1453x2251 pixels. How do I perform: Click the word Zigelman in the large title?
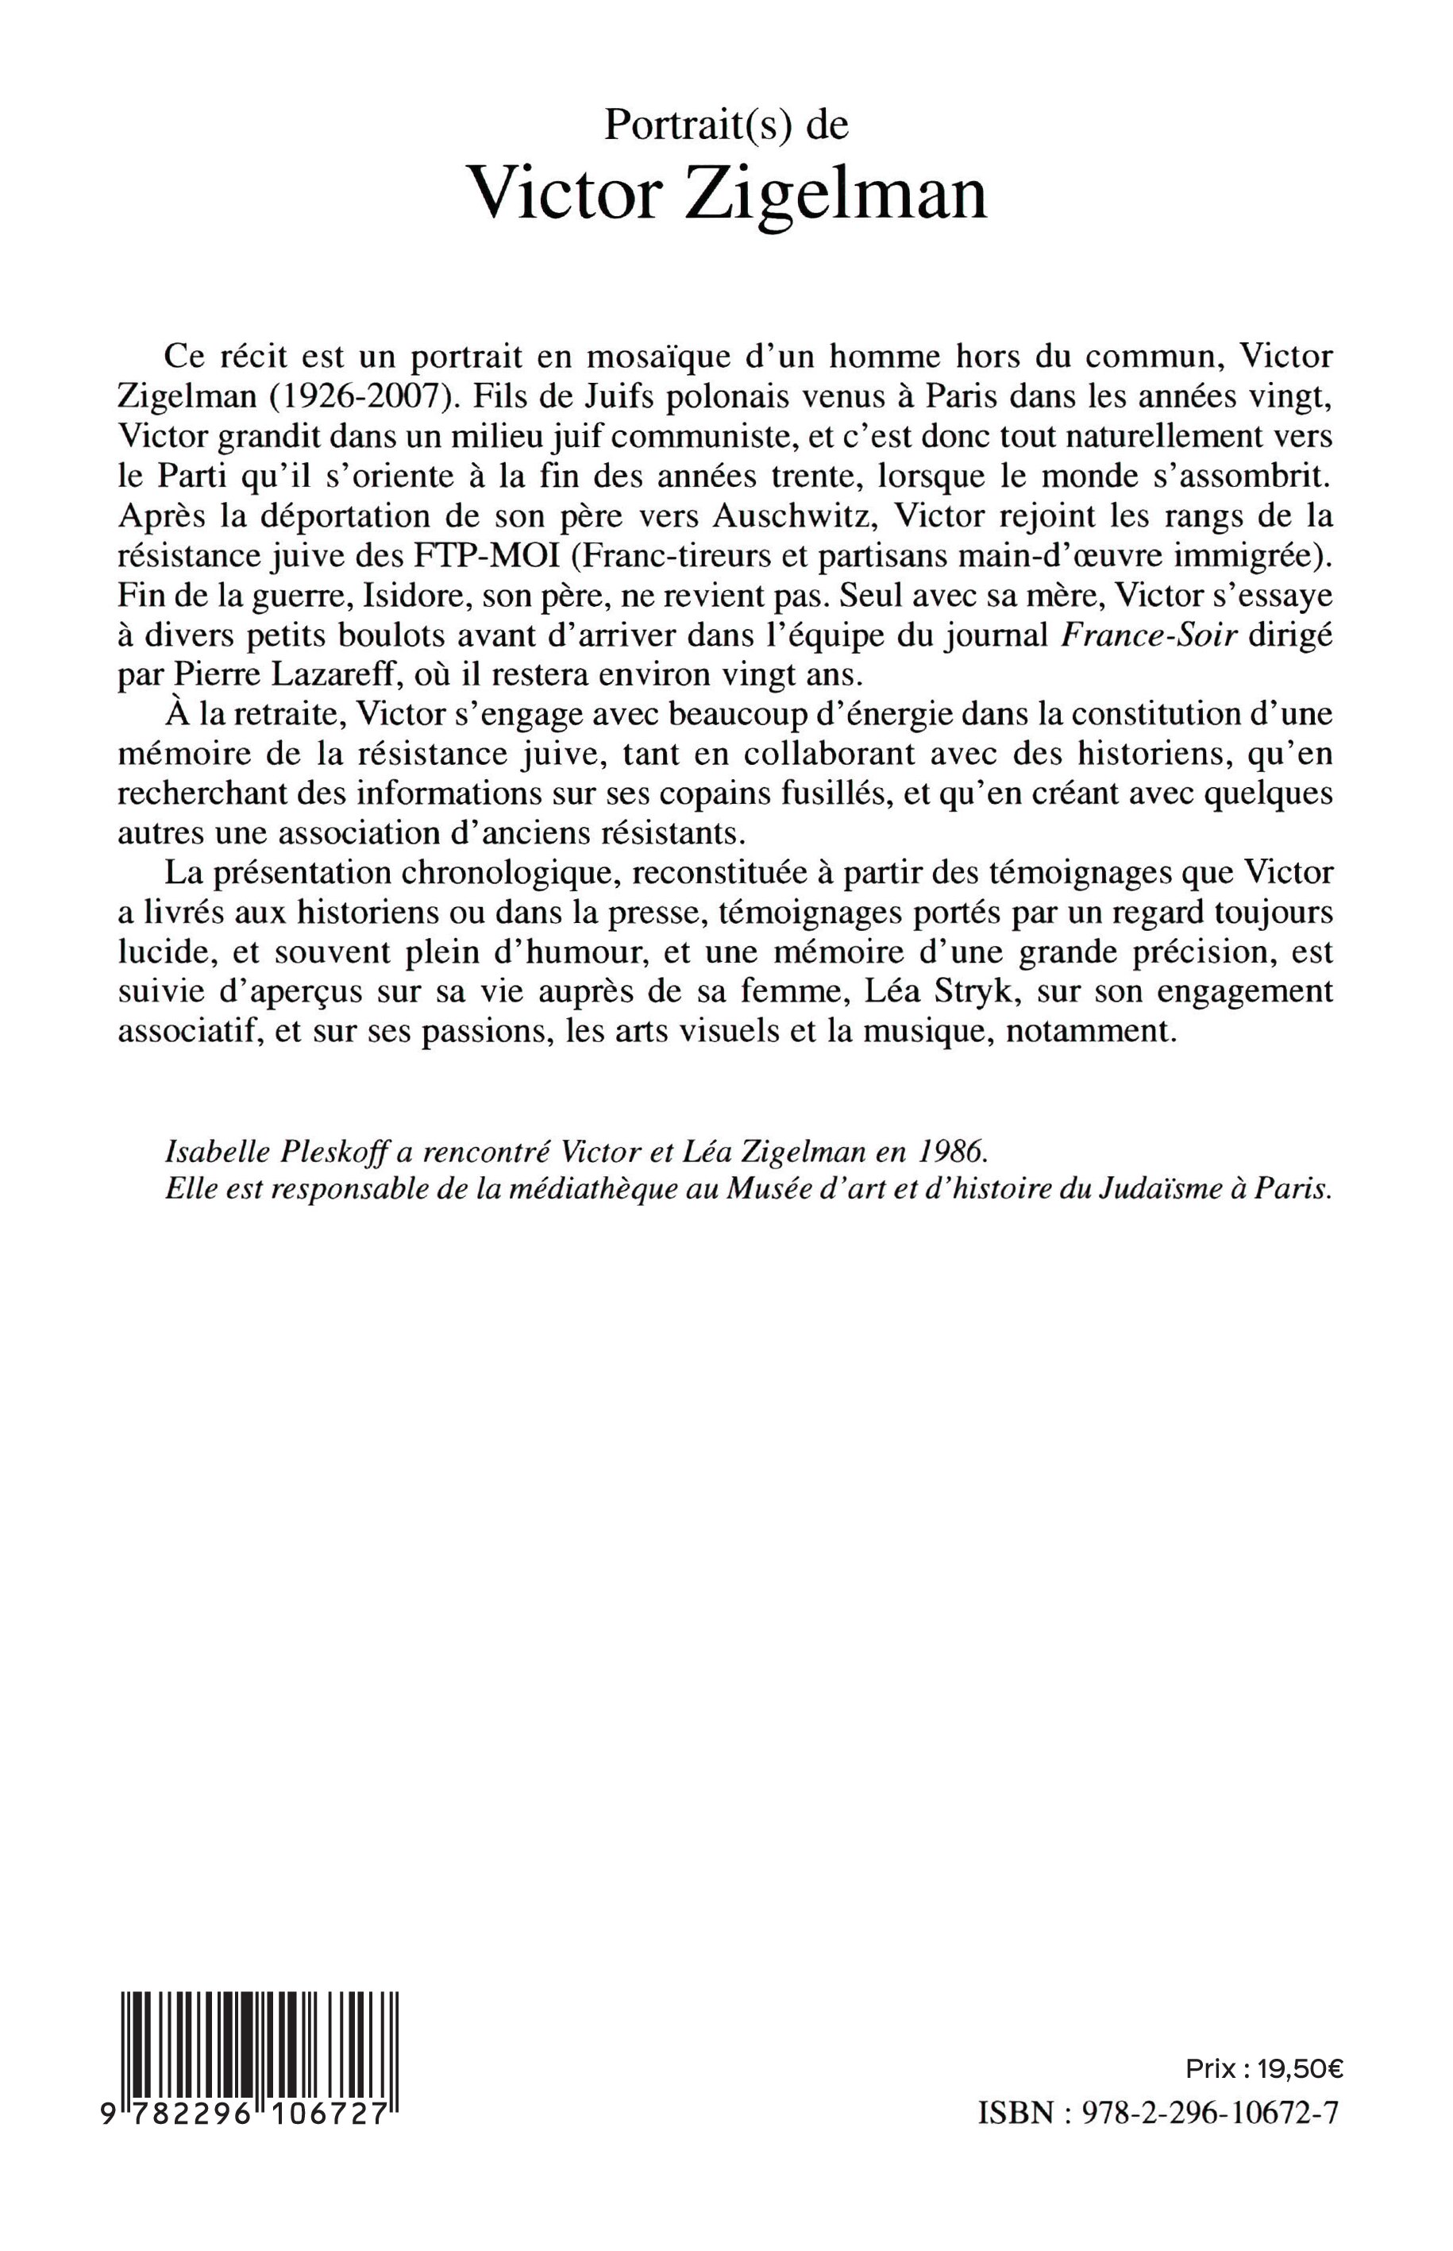[835, 194]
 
